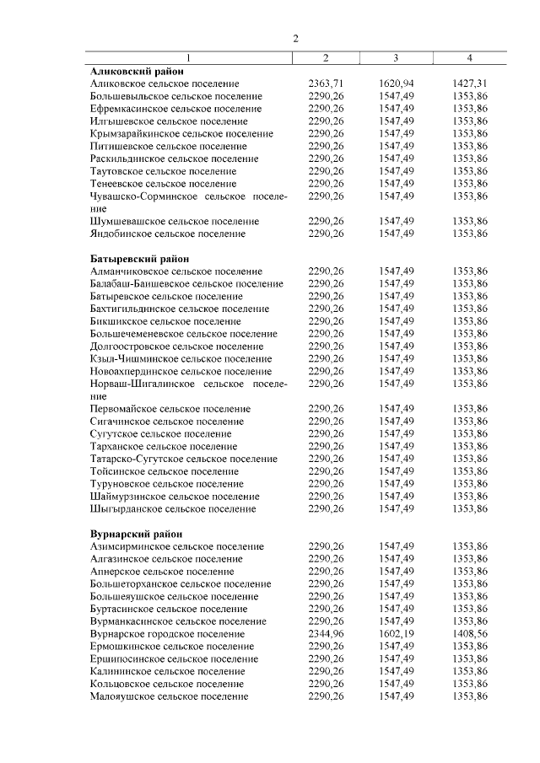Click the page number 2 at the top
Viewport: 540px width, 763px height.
click(296, 39)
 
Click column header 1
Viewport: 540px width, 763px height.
click(189, 58)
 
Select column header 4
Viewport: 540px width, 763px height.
click(470, 58)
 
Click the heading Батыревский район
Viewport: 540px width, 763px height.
click(139, 259)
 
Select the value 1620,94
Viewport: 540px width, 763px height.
click(397, 84)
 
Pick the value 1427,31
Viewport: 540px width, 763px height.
click(470, 84)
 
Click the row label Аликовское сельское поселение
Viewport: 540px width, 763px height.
click(165, 84)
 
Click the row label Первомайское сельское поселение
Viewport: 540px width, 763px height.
click(170, 409)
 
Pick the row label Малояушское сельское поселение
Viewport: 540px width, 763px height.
click(169, 696)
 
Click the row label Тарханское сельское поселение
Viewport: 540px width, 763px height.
click(163, 446)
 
